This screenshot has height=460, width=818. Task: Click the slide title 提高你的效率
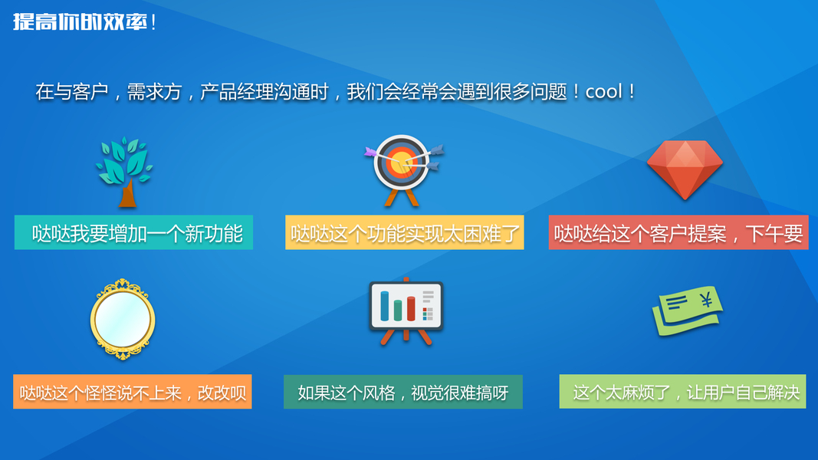[80, 22]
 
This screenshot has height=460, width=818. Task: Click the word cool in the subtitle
[603, 92]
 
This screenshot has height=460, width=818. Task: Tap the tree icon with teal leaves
[124, 172]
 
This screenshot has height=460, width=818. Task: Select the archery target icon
[402, 170]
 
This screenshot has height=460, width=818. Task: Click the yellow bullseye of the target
[401, 161]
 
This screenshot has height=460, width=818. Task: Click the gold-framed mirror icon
[123, 319]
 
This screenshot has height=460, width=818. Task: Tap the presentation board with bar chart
[406, 311]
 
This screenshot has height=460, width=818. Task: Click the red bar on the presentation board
[411, 308]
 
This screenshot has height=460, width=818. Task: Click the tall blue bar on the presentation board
[385, 306]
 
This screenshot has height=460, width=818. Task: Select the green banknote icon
[688, 310]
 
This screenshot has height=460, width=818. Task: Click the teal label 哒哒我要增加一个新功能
[133, 232]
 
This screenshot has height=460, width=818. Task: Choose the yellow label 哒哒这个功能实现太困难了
[404, 232]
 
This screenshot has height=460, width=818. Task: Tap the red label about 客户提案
[678, 232]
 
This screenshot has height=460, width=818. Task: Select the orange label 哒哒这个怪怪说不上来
[133, 392]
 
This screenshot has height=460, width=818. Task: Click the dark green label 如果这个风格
[403, 392]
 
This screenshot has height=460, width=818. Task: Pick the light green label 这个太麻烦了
[682, 392]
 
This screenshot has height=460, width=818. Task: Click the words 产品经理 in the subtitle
[238, 92]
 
